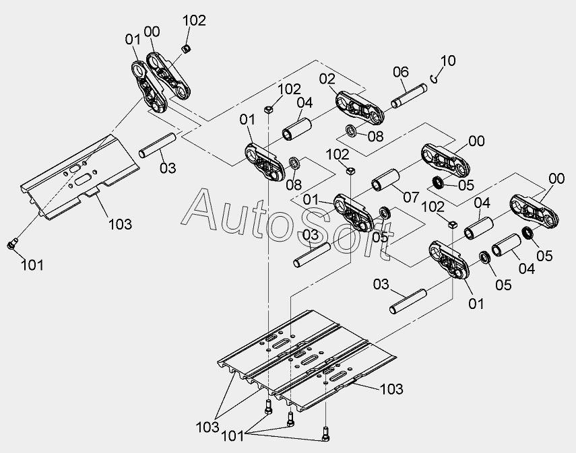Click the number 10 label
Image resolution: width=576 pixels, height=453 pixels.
tap(448, 61)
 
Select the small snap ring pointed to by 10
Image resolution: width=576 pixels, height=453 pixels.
tap(436, 79)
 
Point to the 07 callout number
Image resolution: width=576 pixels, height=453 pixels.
tap(412, 198)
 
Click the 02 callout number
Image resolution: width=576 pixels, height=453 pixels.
tap(327, 79)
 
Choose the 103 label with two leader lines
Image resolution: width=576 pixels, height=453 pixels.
tap(207, 427)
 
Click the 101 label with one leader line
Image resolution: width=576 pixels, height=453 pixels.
tap(32, 265)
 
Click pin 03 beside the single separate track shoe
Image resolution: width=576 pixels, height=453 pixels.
tap(158, 145)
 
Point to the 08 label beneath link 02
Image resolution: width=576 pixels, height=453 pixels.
tap(375, 135)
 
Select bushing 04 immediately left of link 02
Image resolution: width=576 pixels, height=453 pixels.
tap(297, 128)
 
